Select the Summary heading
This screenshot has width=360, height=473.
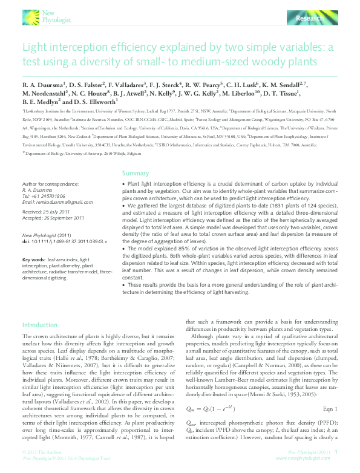click(x=136, y=173)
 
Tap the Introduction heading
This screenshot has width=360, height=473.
click(x=39, y=325)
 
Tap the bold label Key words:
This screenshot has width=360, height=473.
click(x=34, y=259)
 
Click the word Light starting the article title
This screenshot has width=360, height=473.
click(x=35, y=48)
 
